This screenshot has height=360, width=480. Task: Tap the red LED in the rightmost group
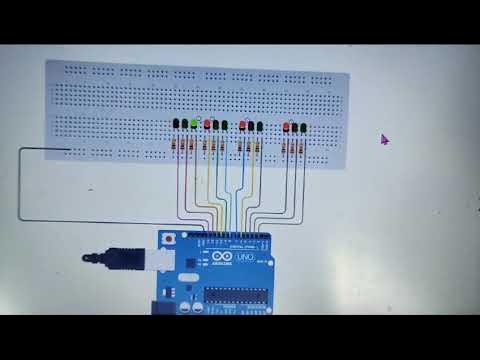286,127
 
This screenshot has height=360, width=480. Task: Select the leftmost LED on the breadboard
175,125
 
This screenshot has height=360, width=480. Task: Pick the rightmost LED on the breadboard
304,127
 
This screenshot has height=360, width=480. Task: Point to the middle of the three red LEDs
243,126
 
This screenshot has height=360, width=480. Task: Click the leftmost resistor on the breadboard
177,146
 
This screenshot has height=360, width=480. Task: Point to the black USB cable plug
100,257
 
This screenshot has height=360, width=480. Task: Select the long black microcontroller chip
237,295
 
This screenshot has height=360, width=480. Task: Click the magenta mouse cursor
384,140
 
